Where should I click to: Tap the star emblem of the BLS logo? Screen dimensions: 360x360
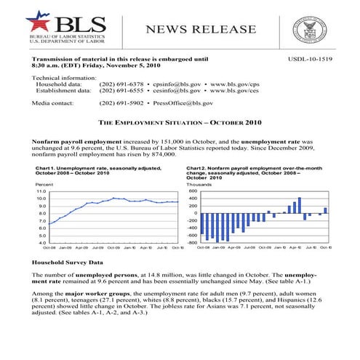[36, 20]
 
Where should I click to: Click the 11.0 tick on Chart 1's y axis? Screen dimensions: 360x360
[41, 191]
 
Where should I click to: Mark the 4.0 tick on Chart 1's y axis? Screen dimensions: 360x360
[41, 242]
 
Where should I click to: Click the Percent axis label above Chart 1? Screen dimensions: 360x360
[43, 183]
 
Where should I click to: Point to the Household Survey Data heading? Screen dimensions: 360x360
[67, 260]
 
